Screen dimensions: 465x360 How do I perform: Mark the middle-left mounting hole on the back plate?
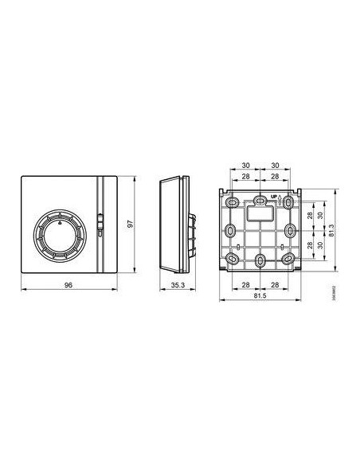pos(230,230)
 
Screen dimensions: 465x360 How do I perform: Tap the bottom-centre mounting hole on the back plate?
pos(260,260)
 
